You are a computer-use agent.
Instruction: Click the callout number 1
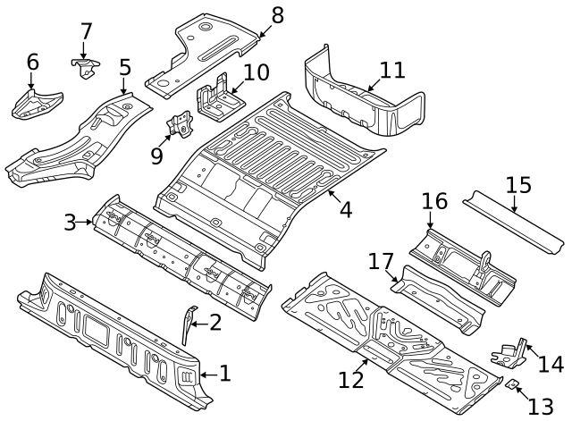224,374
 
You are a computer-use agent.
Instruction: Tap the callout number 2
215,323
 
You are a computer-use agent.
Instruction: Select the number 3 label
70,221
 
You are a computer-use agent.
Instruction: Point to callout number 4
344,210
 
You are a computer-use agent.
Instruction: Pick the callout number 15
517,185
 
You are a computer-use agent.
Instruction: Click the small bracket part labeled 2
188,325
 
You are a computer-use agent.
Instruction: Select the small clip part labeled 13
513,384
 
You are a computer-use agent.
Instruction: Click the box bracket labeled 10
215,99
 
